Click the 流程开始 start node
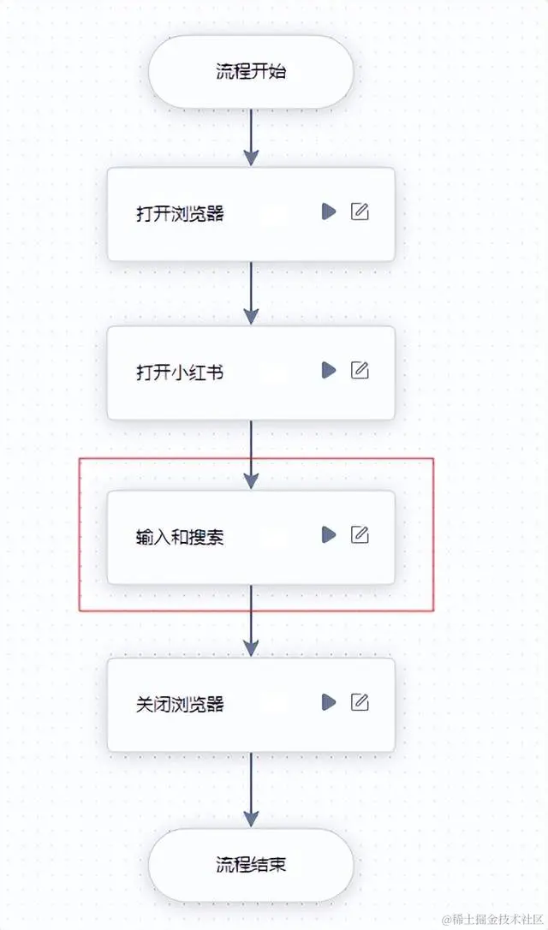point(251,71)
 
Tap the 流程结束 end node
point(251,864)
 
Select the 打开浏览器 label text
point(180,213)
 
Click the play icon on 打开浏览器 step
point(329,212)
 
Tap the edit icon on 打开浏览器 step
point(360,212)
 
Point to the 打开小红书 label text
point(180,373)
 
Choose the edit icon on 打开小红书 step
point(360,370)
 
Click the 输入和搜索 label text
point(180,537)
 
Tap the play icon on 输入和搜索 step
point(329,534)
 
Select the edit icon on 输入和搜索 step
point(360,534)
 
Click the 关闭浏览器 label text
point(180,705)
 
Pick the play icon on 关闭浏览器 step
point(329,702)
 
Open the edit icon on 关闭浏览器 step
point(360,702)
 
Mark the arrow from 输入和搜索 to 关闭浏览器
point(251,621)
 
